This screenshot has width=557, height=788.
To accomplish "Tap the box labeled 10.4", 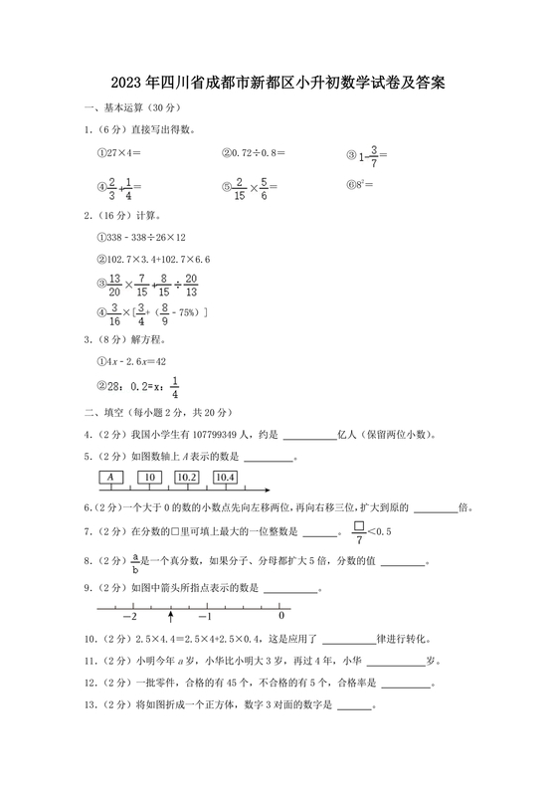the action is (225, 478).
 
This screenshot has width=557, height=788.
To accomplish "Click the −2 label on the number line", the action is (129, 618).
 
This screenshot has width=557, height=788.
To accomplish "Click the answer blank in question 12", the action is (406, 684).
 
